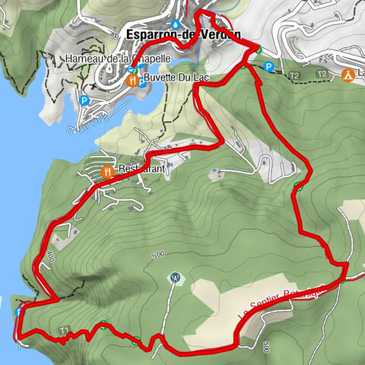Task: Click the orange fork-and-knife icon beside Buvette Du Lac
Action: point(132,78)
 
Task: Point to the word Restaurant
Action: point(141,169)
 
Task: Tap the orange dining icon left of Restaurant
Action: point(107,171)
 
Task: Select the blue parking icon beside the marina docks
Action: point(84,100)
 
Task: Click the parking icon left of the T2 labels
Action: point(268,67)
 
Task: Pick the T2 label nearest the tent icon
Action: point(322,74)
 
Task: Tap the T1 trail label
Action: point(65,329)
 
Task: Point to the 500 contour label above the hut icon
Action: point(157,254)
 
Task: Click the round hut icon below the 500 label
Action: point(176,277)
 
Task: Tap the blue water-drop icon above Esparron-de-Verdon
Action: point(176,24)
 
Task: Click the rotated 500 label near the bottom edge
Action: point(267,346)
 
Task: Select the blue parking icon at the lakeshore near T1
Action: point(18,312)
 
